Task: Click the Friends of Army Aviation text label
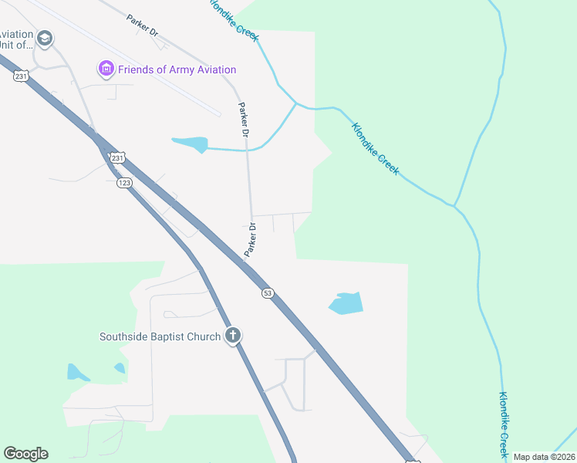(177, 69)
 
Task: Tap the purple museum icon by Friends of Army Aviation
(106, 69)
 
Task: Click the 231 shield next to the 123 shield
(116, 158)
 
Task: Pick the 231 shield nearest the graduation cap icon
(22, 75)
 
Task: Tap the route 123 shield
(125, 183)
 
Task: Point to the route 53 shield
(267, 293)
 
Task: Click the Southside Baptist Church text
(160, 336)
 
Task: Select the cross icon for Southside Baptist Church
(233, 336)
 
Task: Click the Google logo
(25, 454)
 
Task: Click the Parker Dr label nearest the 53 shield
(250, 240)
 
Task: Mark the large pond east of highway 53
(346, 303)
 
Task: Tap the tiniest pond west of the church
(120, 369)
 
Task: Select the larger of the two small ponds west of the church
(77, 373)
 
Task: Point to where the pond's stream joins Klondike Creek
(295, 103)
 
